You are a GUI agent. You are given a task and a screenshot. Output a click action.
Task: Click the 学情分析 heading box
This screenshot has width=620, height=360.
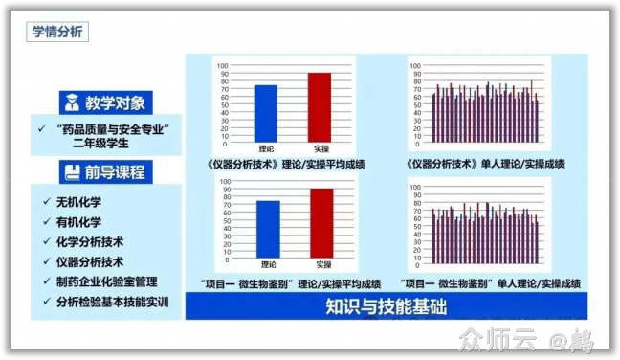(59, 32)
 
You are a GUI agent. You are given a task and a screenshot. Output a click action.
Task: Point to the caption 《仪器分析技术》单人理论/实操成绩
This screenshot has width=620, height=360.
(482, 163)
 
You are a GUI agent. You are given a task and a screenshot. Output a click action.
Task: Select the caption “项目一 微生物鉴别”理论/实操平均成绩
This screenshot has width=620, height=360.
(285, 283)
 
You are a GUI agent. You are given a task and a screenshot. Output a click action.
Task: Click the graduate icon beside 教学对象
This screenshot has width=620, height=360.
(71, 102)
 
